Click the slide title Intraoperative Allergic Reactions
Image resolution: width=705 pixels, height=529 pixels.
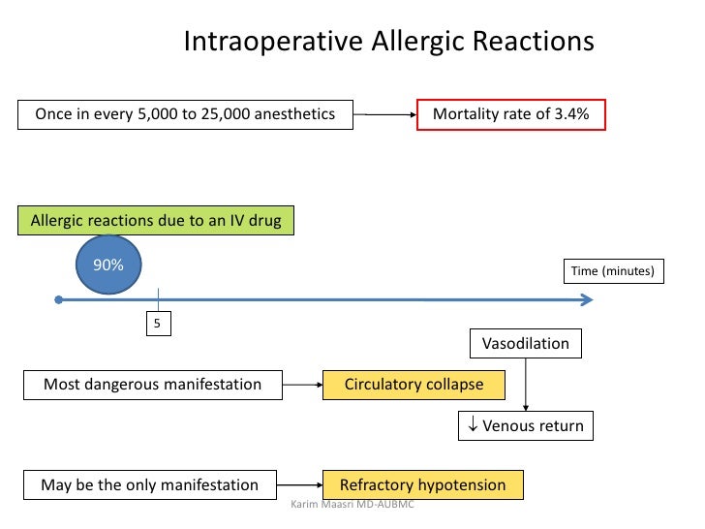388,43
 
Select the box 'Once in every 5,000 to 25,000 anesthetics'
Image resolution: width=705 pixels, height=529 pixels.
185,114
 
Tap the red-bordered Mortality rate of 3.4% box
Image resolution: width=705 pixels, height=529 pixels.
510,114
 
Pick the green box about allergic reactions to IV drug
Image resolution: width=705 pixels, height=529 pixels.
156,221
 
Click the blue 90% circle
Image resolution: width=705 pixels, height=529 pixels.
108,264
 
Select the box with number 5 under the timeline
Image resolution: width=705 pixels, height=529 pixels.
158,323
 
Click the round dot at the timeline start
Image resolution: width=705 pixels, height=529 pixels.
59,301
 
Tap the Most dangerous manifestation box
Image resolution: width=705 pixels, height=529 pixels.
152,385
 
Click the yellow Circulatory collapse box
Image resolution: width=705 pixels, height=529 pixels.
414,385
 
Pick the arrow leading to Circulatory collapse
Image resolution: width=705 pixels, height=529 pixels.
302,385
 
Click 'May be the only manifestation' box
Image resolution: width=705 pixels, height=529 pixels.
149,484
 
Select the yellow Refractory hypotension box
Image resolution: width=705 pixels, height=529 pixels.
421,484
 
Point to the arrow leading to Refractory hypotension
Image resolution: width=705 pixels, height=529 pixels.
302,484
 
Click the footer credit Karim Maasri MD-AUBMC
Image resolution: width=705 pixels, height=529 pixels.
352,506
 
